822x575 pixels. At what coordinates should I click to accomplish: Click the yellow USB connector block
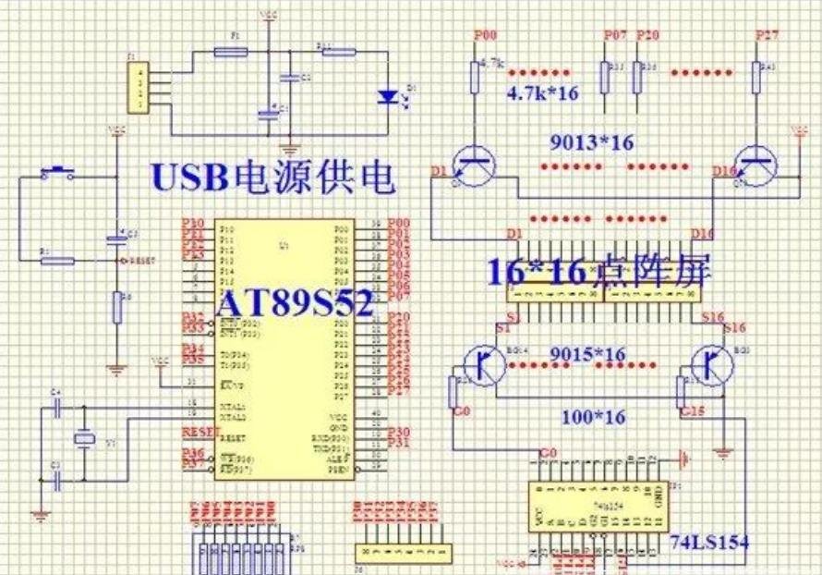tap(139, 87)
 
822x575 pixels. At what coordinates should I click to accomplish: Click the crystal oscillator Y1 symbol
tap(84, 440)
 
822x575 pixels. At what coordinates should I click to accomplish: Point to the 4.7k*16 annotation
tap(541, 93)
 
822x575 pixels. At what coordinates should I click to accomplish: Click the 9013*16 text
tap(592, 142)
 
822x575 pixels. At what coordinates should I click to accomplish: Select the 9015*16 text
tap(586, 355)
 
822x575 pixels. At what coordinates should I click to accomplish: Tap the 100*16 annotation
tap(593, 417)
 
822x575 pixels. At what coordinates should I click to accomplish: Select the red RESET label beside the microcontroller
tap(197, 432)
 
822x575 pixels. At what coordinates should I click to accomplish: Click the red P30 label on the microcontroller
tap(399, 431)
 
